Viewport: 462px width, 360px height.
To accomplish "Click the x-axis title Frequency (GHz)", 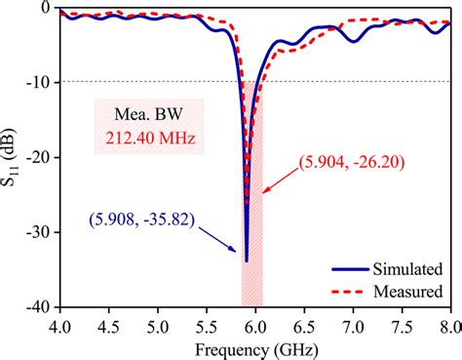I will pyautogui.click(x=255, y=347).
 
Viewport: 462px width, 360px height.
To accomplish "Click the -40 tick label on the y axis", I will pyautogui.click(x=37, y=305).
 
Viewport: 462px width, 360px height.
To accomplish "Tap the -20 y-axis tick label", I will pyautogui.click(x=37, y=156).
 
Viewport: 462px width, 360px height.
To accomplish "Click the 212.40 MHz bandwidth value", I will pyautogui.click(x=149, y=139).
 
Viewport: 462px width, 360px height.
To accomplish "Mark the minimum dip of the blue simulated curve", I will pyautogui.click(x=246, y=260).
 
